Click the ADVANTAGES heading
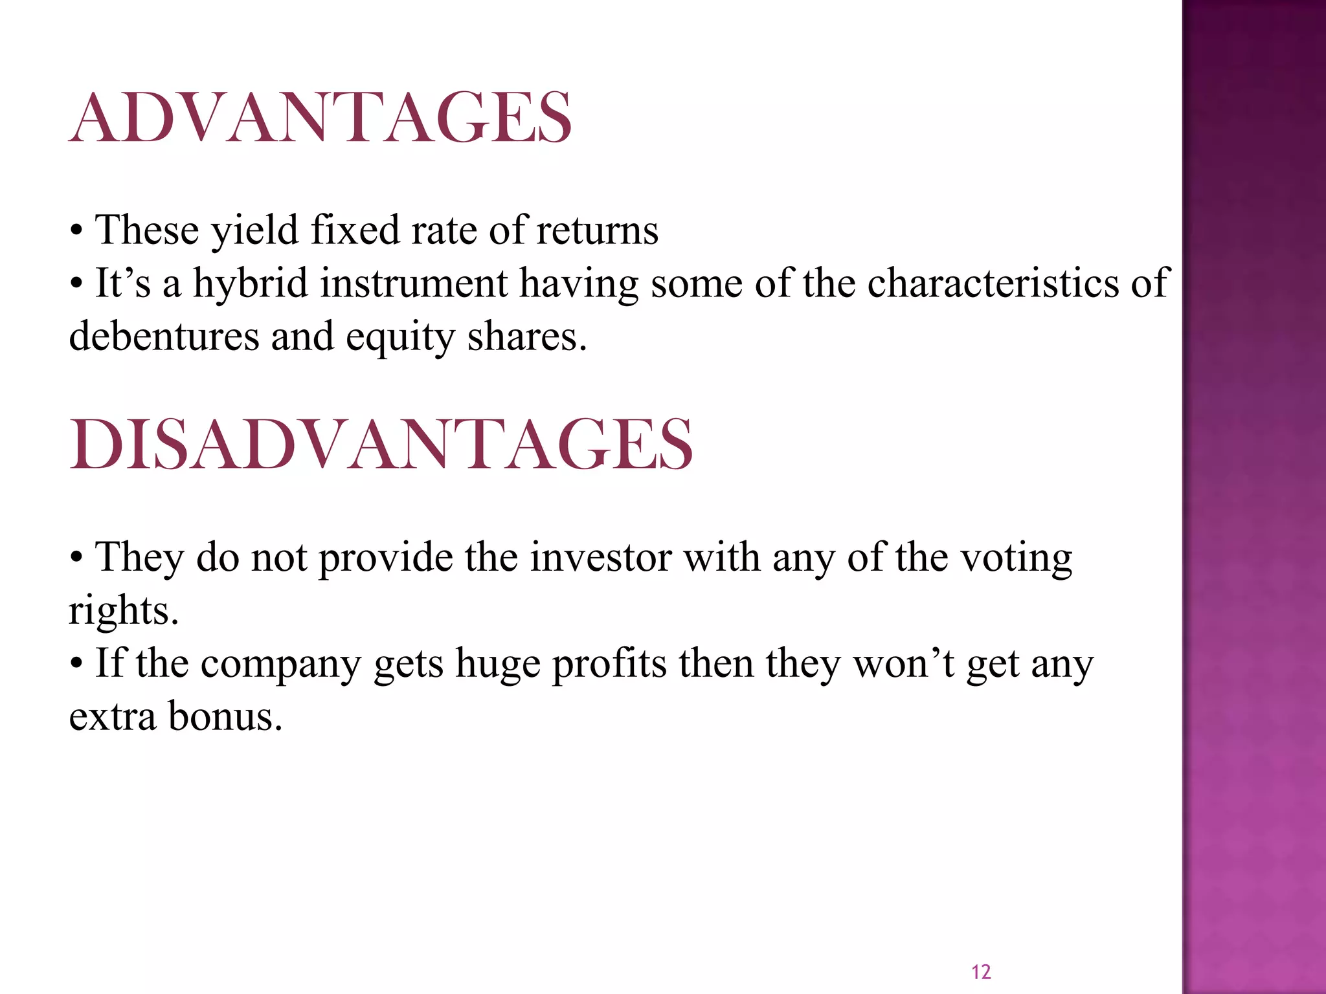click(320, 118)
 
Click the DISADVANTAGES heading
click(381, 445)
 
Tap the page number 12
click(981, 972)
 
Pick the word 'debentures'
click(164, 337)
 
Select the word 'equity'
click(400, 338)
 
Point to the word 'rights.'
click(124, 612)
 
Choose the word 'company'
click(280, 665)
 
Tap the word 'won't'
click(904, 664)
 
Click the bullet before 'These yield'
click(77, 231)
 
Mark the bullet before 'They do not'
click(77, 558)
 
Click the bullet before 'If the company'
click(77, 665)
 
